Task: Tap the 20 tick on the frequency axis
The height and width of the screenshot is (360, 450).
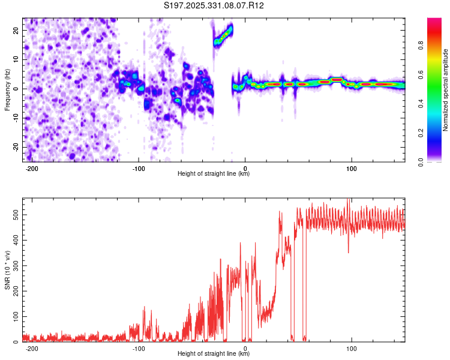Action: [x=16, y=30]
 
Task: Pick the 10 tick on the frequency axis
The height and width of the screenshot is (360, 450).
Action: [x=16, y=59]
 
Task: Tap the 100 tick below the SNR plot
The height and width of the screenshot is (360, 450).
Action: [x=352, y=348]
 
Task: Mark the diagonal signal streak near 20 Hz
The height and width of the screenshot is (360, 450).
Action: [x=223, y=36]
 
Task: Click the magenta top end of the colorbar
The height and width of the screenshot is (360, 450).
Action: [x=435, y=22]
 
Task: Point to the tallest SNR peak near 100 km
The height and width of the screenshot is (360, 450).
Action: [x=349, y=200]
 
